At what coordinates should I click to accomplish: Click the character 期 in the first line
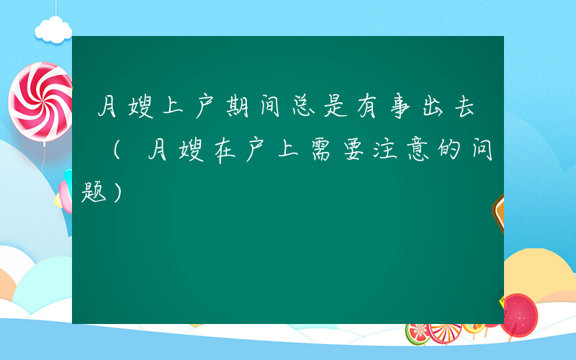point(236,109)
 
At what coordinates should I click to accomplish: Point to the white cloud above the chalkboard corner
point(55,29)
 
